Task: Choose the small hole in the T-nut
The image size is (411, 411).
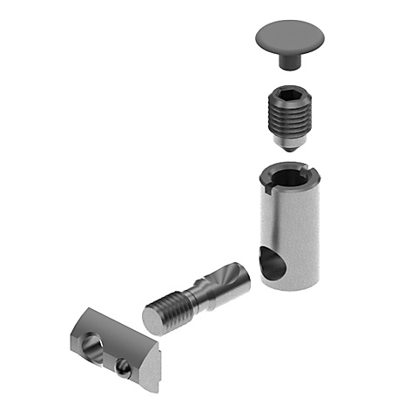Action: click(x=125, y=369)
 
